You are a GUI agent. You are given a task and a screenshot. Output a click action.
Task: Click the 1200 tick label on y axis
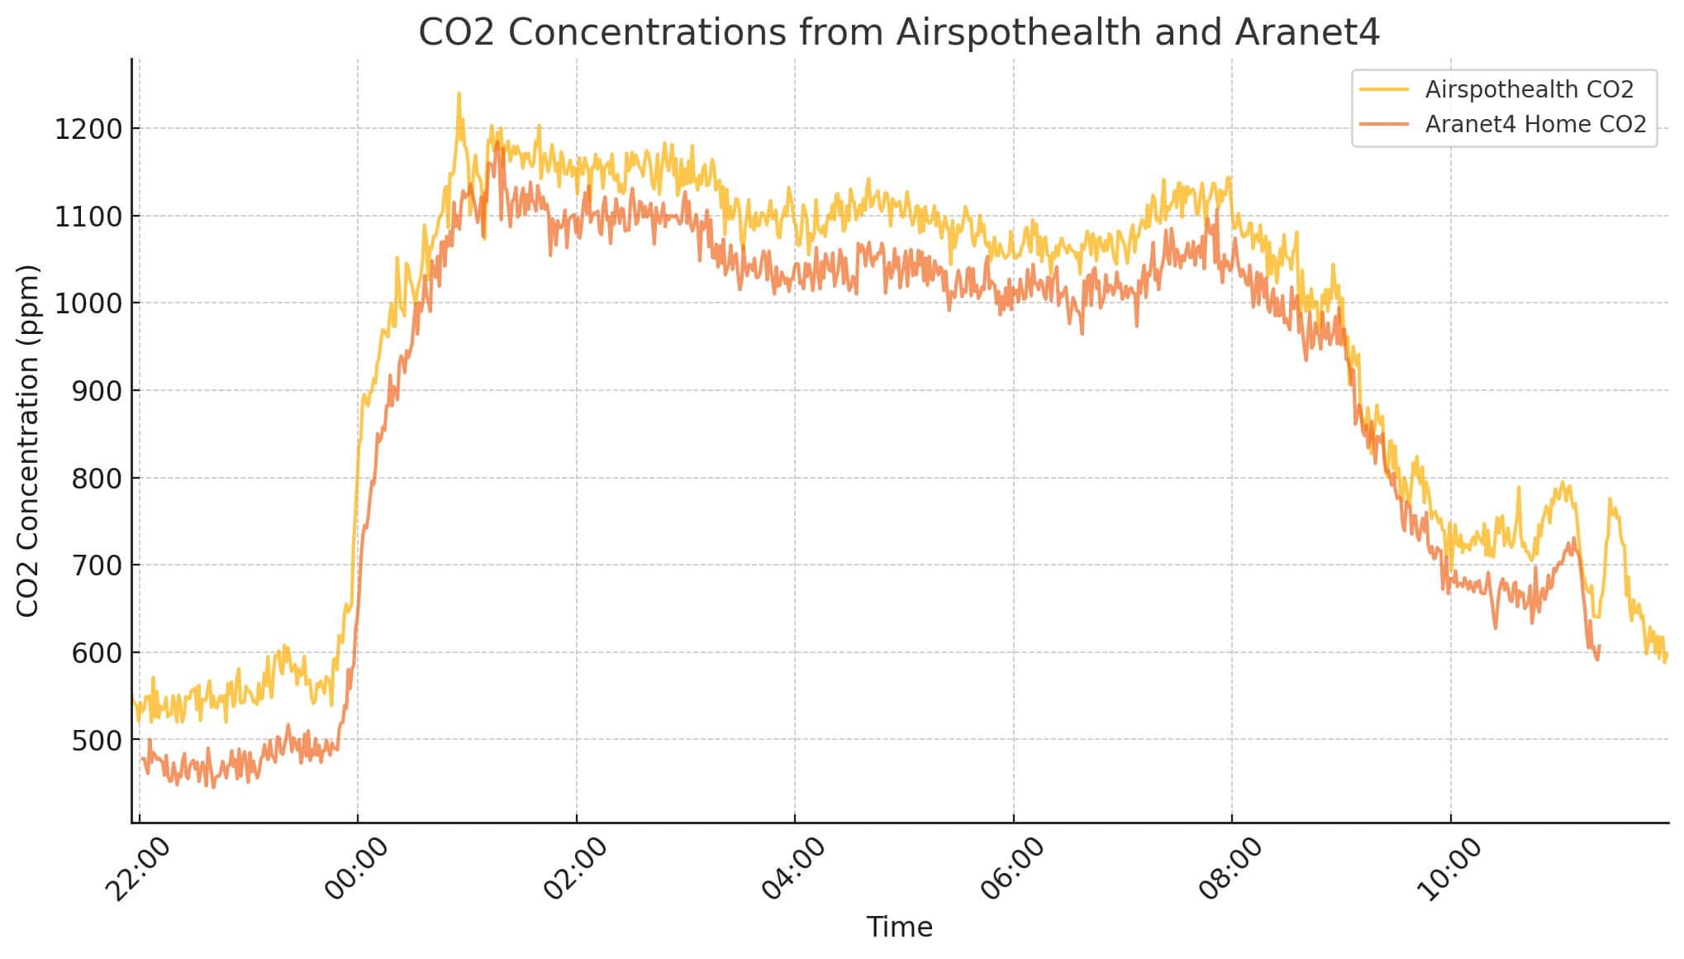tap(88, 129)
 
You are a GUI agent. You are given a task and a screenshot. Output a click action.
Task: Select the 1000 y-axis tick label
tap(88, 303)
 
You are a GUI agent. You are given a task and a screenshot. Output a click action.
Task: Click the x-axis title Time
tap(899, 927)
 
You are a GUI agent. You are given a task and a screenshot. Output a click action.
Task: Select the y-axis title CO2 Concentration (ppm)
tap(28, 441)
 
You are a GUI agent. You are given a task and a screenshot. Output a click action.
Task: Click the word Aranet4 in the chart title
tap(1306, 32)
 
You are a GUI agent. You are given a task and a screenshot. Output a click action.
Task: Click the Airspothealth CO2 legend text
tap(1529, 89)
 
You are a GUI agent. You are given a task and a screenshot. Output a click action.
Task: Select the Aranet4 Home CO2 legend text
tap(1535, 124)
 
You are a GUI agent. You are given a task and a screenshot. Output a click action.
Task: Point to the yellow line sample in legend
tap(1384, 89)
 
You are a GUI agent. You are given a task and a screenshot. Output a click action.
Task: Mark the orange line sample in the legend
tap(1384, 124)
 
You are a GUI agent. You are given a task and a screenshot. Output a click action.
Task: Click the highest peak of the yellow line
tap(459, 94)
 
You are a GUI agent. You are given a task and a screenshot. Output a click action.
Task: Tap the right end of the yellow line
tap(1666, 656)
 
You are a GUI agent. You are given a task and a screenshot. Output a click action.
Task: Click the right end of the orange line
tap(1599, 647)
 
